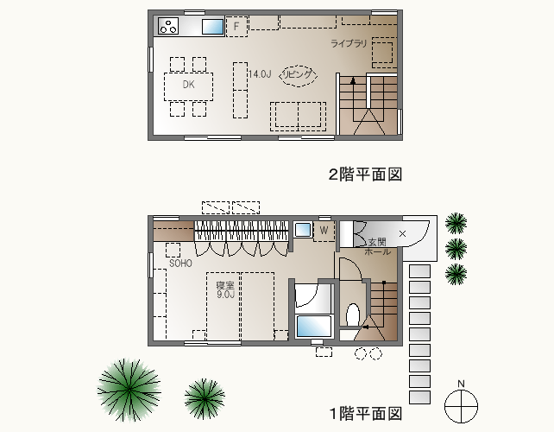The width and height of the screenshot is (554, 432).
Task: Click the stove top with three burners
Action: [168, 25]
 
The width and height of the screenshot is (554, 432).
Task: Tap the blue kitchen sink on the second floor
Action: [212, 27]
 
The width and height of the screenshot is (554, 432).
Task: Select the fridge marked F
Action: [236, 26]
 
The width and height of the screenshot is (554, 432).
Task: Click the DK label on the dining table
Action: [188, 84]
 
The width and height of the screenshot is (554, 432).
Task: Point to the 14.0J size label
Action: [260, 74]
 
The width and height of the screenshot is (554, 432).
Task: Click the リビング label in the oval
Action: [298, 74]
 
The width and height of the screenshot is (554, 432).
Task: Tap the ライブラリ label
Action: [349, 43]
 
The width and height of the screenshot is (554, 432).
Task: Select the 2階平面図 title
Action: [365, 175]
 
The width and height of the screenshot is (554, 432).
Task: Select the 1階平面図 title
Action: [366, 413]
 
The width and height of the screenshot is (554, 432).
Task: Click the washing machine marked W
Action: [324, 232]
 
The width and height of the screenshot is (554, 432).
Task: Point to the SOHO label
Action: [180, 264]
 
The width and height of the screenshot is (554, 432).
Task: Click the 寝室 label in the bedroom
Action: [225, 285]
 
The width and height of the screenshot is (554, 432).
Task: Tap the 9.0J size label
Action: [226, 294]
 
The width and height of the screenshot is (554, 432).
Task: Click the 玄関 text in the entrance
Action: [377, 243]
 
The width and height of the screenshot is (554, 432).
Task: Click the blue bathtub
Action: [314, 327]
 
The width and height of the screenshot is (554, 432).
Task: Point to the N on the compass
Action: [461, 384]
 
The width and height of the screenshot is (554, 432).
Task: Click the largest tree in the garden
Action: [129, 390]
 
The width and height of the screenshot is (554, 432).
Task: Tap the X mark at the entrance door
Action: [402, 233]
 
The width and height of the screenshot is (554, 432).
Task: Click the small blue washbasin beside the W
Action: [302, 230]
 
